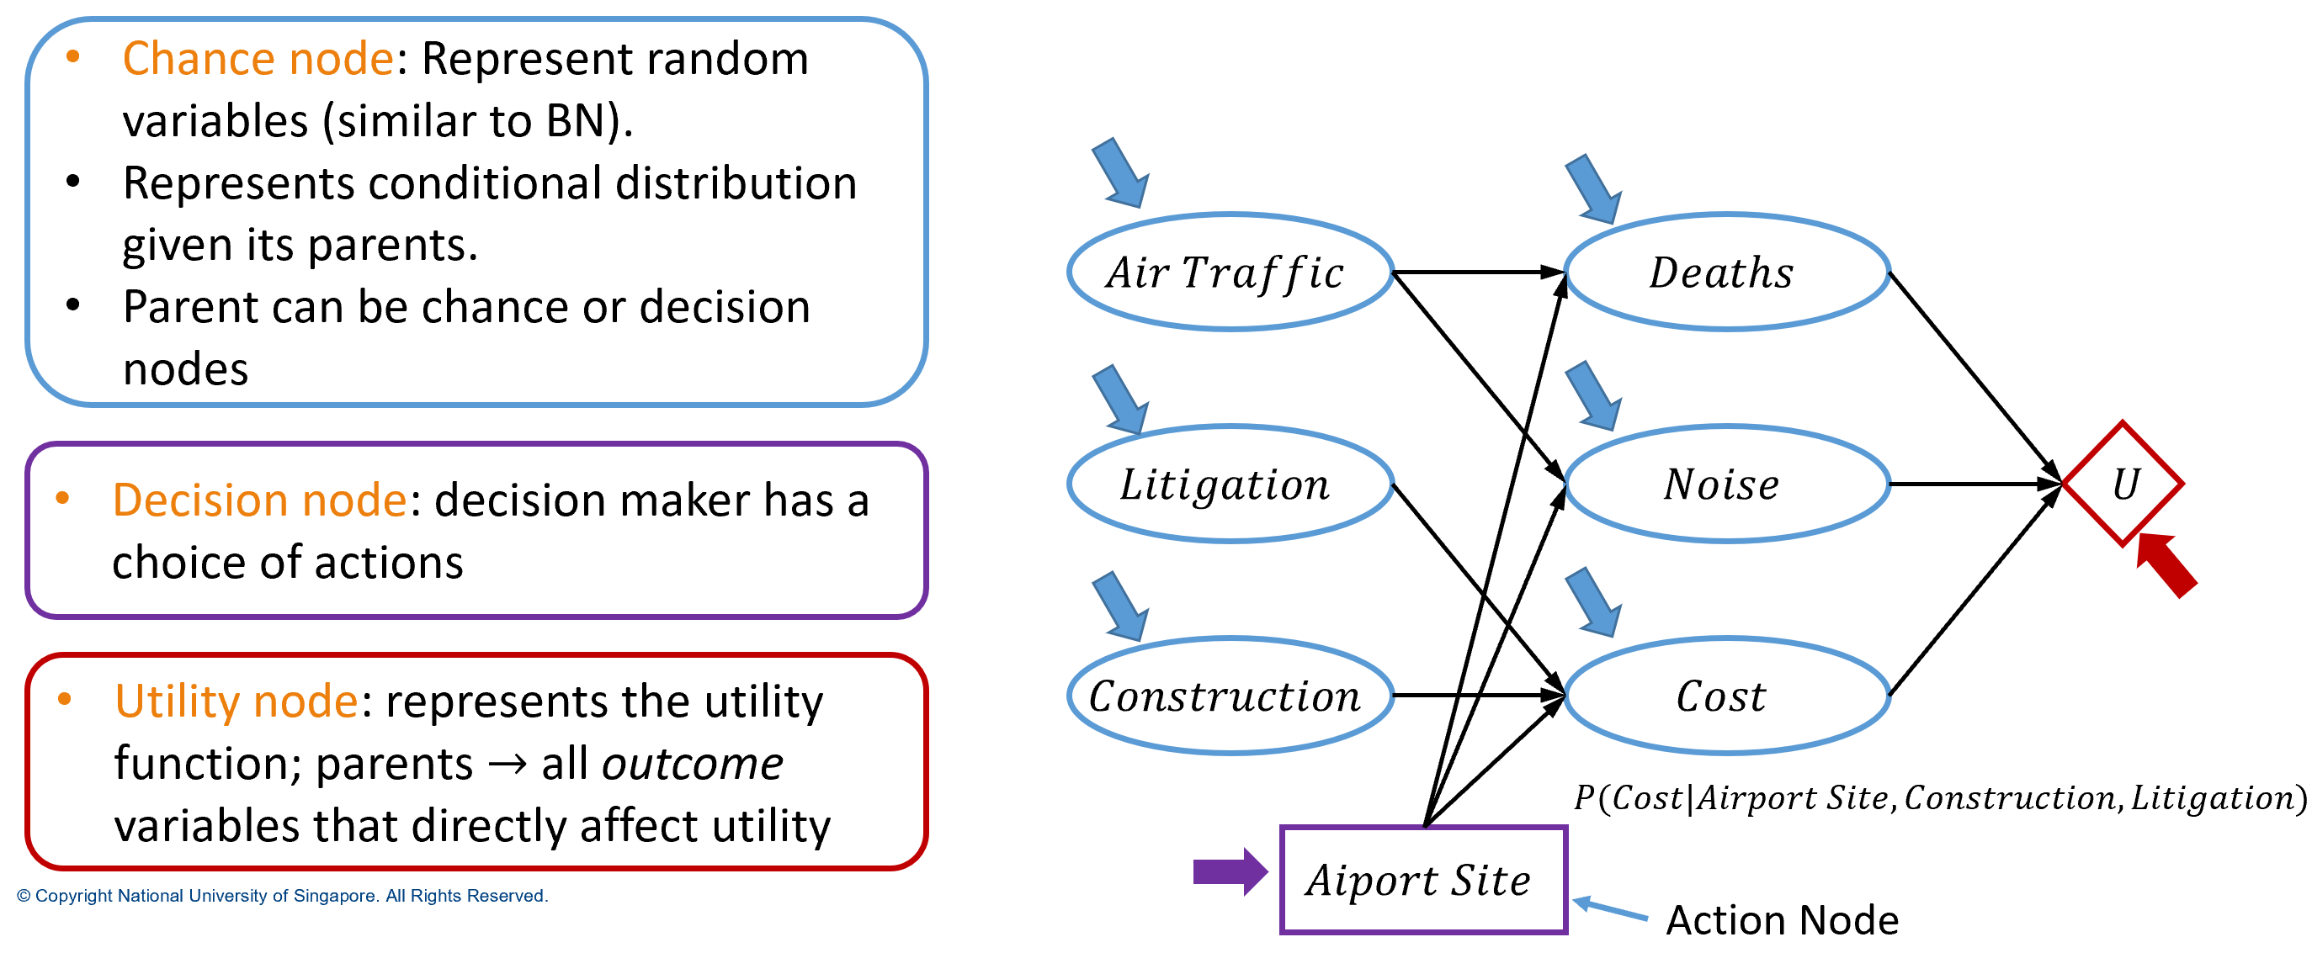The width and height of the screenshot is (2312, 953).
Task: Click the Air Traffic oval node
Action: click(x=1230, y=272)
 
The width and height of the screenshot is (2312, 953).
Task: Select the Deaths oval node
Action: click(x=1727, y=272)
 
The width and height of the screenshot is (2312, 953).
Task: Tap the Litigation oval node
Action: click(x=1230, y=484)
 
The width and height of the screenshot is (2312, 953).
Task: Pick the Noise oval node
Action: click(x=1727, y=484)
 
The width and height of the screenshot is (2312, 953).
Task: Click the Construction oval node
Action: click(x=1230, y=696)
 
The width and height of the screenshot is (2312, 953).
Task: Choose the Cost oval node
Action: click(x=1727, y=696)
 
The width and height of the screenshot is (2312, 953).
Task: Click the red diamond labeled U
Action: click(x=2123, y=484)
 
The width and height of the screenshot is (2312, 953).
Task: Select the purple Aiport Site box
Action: click(x=1422, y=880)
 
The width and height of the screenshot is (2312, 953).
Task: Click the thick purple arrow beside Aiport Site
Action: click(x=1228, y=871)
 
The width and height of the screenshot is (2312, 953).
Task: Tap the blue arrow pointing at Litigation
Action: click(x=1120, y=400)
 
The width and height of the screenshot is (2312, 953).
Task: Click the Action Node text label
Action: click(x=1782, y=920)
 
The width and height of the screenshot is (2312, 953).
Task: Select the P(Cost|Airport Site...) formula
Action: click(x=1938, y=797)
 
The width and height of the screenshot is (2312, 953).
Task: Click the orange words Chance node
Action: click(x=258, y=59)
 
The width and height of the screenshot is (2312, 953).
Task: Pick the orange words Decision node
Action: click(x=259, y=500)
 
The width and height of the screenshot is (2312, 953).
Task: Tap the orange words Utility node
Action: click(x=237, y=701)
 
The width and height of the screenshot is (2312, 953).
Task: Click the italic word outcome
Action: click(x=692, y=764)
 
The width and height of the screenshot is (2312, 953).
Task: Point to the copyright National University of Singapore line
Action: click(x=282, y=896)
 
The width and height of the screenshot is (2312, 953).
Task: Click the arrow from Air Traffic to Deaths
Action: click(x=1476, y=272)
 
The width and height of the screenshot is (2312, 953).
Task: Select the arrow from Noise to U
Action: click(x=1975, y=484)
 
